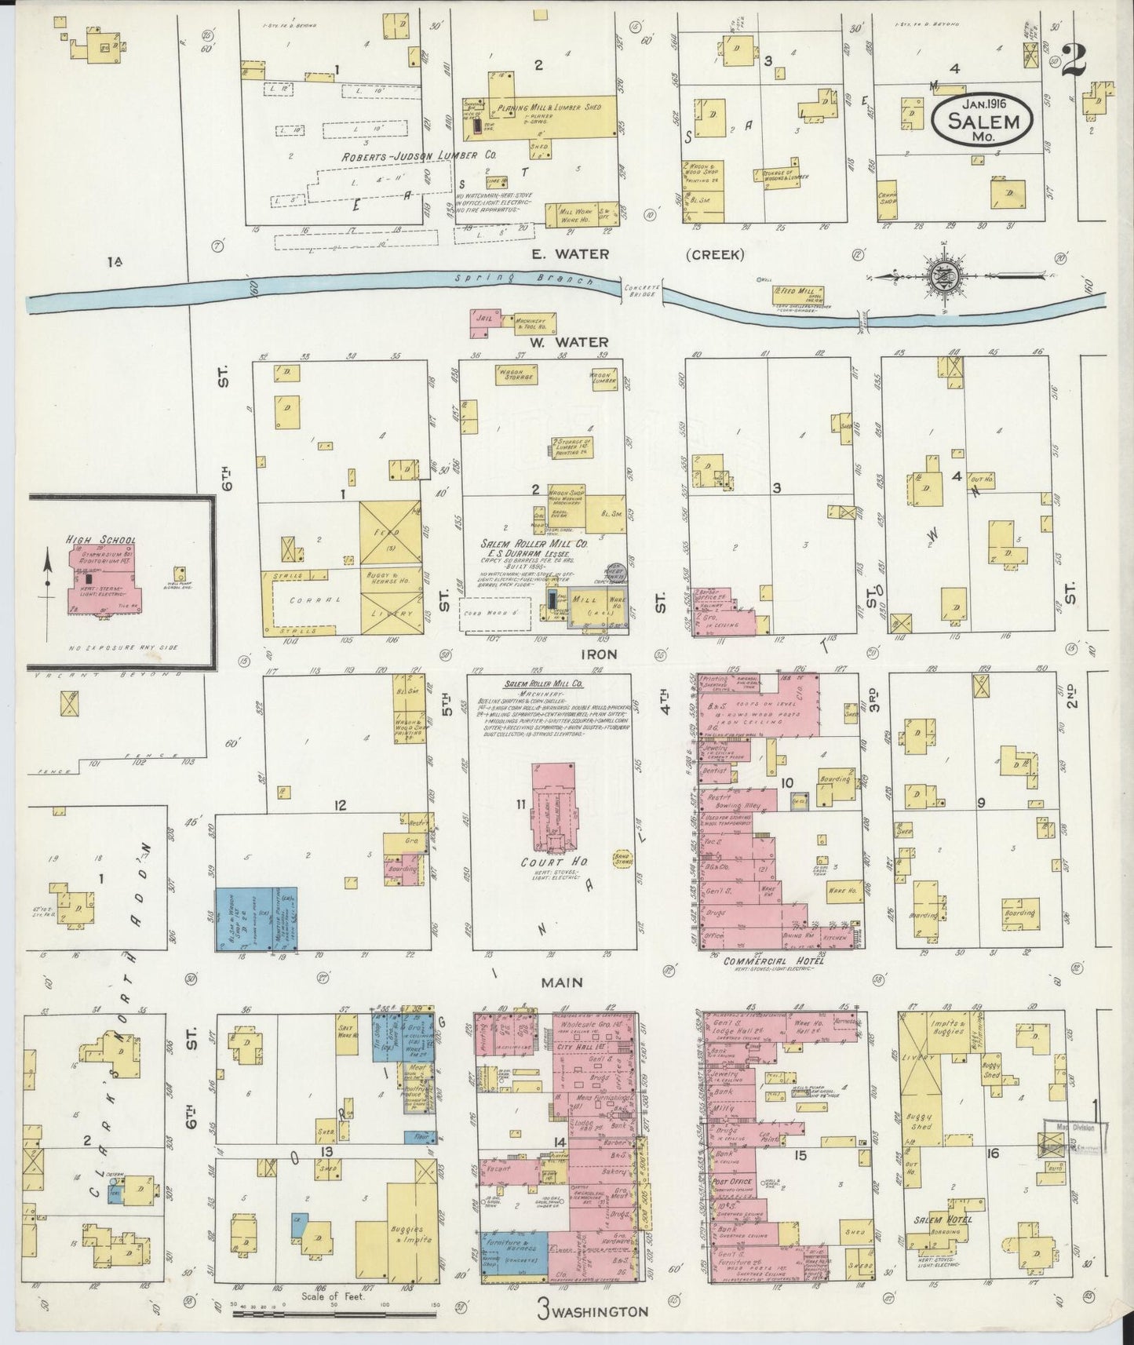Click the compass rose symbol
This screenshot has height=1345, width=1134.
pos(940,275)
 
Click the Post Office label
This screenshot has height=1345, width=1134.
pos(731,1181)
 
